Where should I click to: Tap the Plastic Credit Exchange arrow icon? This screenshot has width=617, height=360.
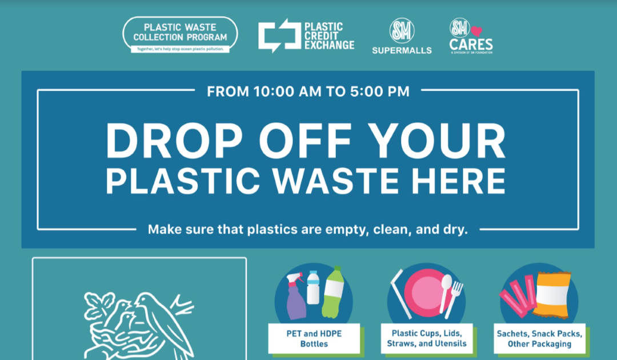(278, 35)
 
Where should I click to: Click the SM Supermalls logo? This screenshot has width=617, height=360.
(402, 35)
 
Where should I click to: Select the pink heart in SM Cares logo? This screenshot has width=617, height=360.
(476, 31)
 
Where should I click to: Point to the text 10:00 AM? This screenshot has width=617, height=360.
(269, 91)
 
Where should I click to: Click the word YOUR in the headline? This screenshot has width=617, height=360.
(445, 142)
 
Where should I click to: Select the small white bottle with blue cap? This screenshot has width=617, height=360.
(312, 287)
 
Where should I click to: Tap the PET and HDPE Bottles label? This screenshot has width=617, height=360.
(314, 338)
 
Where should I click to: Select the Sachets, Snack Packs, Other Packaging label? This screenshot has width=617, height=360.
(539, 338)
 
